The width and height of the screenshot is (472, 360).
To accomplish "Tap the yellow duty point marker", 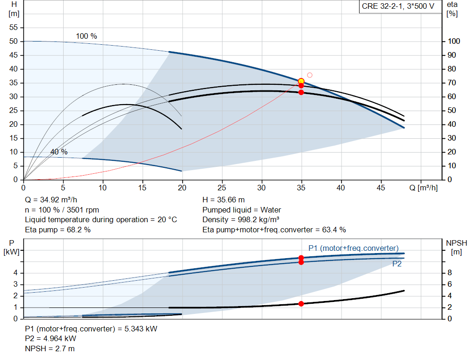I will point(301,81).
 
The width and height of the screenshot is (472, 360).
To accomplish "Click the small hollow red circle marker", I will point(310,75).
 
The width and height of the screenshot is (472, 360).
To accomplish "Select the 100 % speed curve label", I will point(87,36).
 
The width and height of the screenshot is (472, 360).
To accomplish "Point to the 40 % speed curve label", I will point(59,152).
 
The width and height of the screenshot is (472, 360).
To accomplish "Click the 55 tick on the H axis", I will point(13,28).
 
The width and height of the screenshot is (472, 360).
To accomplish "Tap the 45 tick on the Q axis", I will point(381,188).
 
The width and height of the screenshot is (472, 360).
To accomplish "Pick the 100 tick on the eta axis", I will point(454,41).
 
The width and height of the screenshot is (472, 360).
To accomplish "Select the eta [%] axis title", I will point(452,9).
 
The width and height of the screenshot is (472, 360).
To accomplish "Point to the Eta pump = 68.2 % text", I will point(58,230).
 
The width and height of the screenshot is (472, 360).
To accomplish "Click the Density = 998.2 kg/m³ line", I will point(241,219).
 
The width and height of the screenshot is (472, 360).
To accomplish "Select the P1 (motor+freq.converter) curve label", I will point(353,248).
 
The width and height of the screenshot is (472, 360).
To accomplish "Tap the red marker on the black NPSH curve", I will point(301,304).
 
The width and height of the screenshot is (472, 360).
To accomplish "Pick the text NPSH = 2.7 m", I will point(50,348).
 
